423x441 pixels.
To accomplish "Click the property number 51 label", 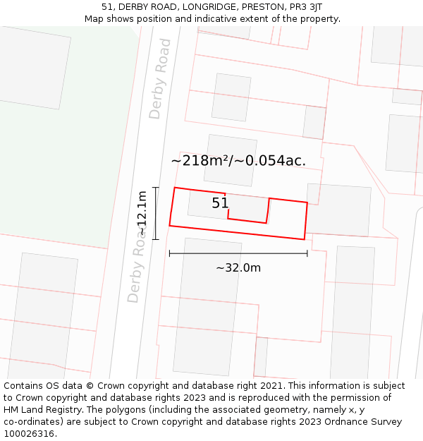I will coord(221,203).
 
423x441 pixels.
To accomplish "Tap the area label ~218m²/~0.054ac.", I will coord(238,161).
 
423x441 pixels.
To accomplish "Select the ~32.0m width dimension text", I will coord(238,268).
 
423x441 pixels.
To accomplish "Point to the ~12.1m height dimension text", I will coord(142,213).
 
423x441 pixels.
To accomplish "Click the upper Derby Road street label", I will coord(160,79).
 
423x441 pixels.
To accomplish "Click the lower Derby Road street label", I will coord(137,268).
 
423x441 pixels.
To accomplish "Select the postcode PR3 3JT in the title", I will coord(306,7).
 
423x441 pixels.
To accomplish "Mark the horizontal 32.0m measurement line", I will coord(238,253).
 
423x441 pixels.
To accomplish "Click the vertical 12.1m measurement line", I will coord(156,213).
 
